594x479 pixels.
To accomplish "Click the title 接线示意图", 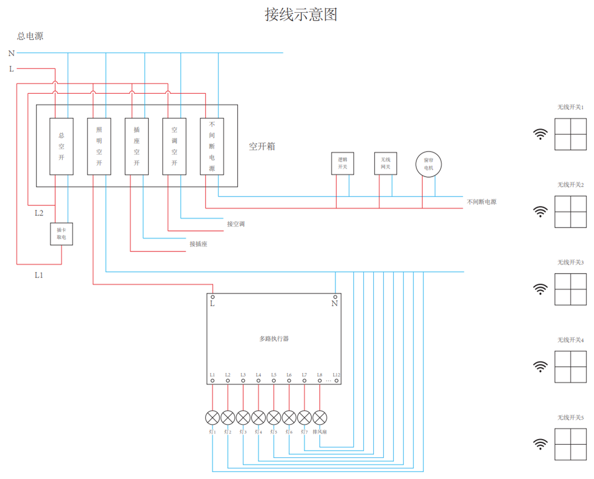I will (x=301, y=15).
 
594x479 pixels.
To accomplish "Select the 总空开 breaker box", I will (x=62, y=147).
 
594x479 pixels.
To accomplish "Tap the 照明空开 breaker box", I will (x=99, y=147).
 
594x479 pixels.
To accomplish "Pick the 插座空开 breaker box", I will (x=136, y=147).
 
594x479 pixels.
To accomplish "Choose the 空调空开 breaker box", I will (x=174, y=147).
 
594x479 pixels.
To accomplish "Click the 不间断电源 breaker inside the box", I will (x=212, y=147).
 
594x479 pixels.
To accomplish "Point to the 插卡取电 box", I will (x=61, y=234).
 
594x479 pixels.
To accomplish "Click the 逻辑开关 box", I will (x=342, y=163).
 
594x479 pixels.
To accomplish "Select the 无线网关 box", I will (x=385, y=163).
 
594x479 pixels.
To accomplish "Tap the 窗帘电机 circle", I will (x=429, y=164).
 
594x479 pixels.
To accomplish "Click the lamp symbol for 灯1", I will (x=212, y=417).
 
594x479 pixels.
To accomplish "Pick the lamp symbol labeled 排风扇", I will (x=320, y=417).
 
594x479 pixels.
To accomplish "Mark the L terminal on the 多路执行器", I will (x=212, y=298).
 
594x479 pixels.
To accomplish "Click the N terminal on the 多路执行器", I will (x=335, y=298).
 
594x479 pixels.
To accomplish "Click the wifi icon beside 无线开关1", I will (x=540, y=134).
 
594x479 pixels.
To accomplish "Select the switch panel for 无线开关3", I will (x=570, y=289).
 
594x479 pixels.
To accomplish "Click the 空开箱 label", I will (x=262, y=147).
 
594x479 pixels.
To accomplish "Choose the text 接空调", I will (x=236, y=224).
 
